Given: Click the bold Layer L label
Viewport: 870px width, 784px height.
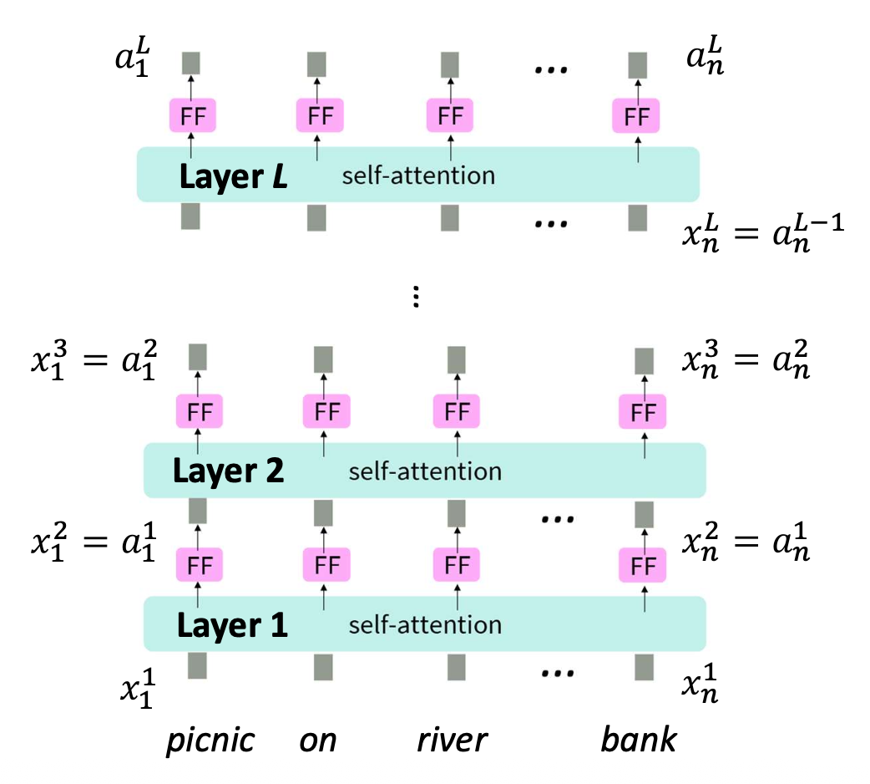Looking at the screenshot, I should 233,177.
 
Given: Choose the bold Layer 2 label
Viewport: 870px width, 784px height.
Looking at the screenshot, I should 228,471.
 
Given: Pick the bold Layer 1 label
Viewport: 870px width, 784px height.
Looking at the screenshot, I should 230,624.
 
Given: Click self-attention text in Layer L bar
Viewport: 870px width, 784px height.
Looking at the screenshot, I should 418,176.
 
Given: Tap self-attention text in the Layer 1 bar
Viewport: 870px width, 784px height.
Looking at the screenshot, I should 425,624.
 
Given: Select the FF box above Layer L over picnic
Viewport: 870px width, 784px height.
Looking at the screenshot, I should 192,115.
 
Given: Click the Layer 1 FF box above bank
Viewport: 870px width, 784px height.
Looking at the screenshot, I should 643,566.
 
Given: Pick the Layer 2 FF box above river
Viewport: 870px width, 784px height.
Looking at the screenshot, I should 457,412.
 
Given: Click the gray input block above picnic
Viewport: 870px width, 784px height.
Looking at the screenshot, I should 197,666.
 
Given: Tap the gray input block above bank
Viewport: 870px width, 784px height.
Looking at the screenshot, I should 644,666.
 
